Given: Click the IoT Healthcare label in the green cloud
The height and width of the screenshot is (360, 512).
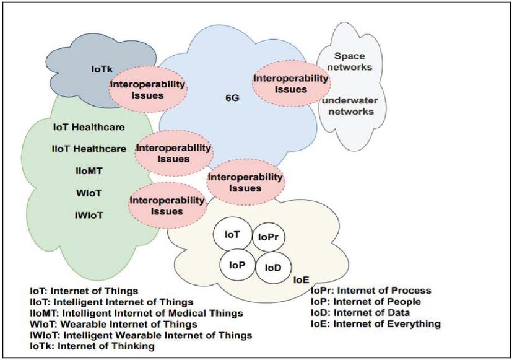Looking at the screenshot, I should click(89, 128).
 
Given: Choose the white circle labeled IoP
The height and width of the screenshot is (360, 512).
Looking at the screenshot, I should click(236, 264).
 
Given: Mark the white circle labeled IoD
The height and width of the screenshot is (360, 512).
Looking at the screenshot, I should click(273, 267).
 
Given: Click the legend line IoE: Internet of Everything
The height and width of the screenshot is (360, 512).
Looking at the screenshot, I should click(375, 323).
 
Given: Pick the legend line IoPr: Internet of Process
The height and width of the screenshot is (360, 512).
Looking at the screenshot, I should click(370, 290).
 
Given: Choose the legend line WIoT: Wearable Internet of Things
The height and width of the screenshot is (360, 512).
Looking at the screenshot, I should click(113, 323).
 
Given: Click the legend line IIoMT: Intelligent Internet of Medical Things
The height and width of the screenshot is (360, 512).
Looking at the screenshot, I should click(136, 312).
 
